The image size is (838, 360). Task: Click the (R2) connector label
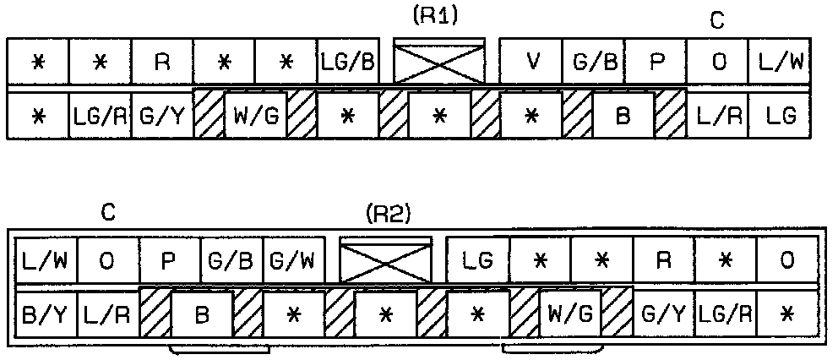coord(388,215)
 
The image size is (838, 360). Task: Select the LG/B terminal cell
coord(348,63)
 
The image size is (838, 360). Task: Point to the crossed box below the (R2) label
coord(386,261)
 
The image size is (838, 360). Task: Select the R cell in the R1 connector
coord(162,63)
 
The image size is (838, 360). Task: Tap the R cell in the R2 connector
coord(664,260)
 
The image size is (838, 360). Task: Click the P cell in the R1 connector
coord(656,63)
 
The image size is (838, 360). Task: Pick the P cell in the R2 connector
coord(170,260)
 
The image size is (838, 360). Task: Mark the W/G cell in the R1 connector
coord(255,116)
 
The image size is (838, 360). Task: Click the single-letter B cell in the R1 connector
coord(623,116)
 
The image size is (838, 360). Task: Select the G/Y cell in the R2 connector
coord(664,314)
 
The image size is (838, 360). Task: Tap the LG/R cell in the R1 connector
coord(101,116)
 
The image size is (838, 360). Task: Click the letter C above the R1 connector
coord(717,21)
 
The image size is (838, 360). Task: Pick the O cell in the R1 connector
coord(717,63)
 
